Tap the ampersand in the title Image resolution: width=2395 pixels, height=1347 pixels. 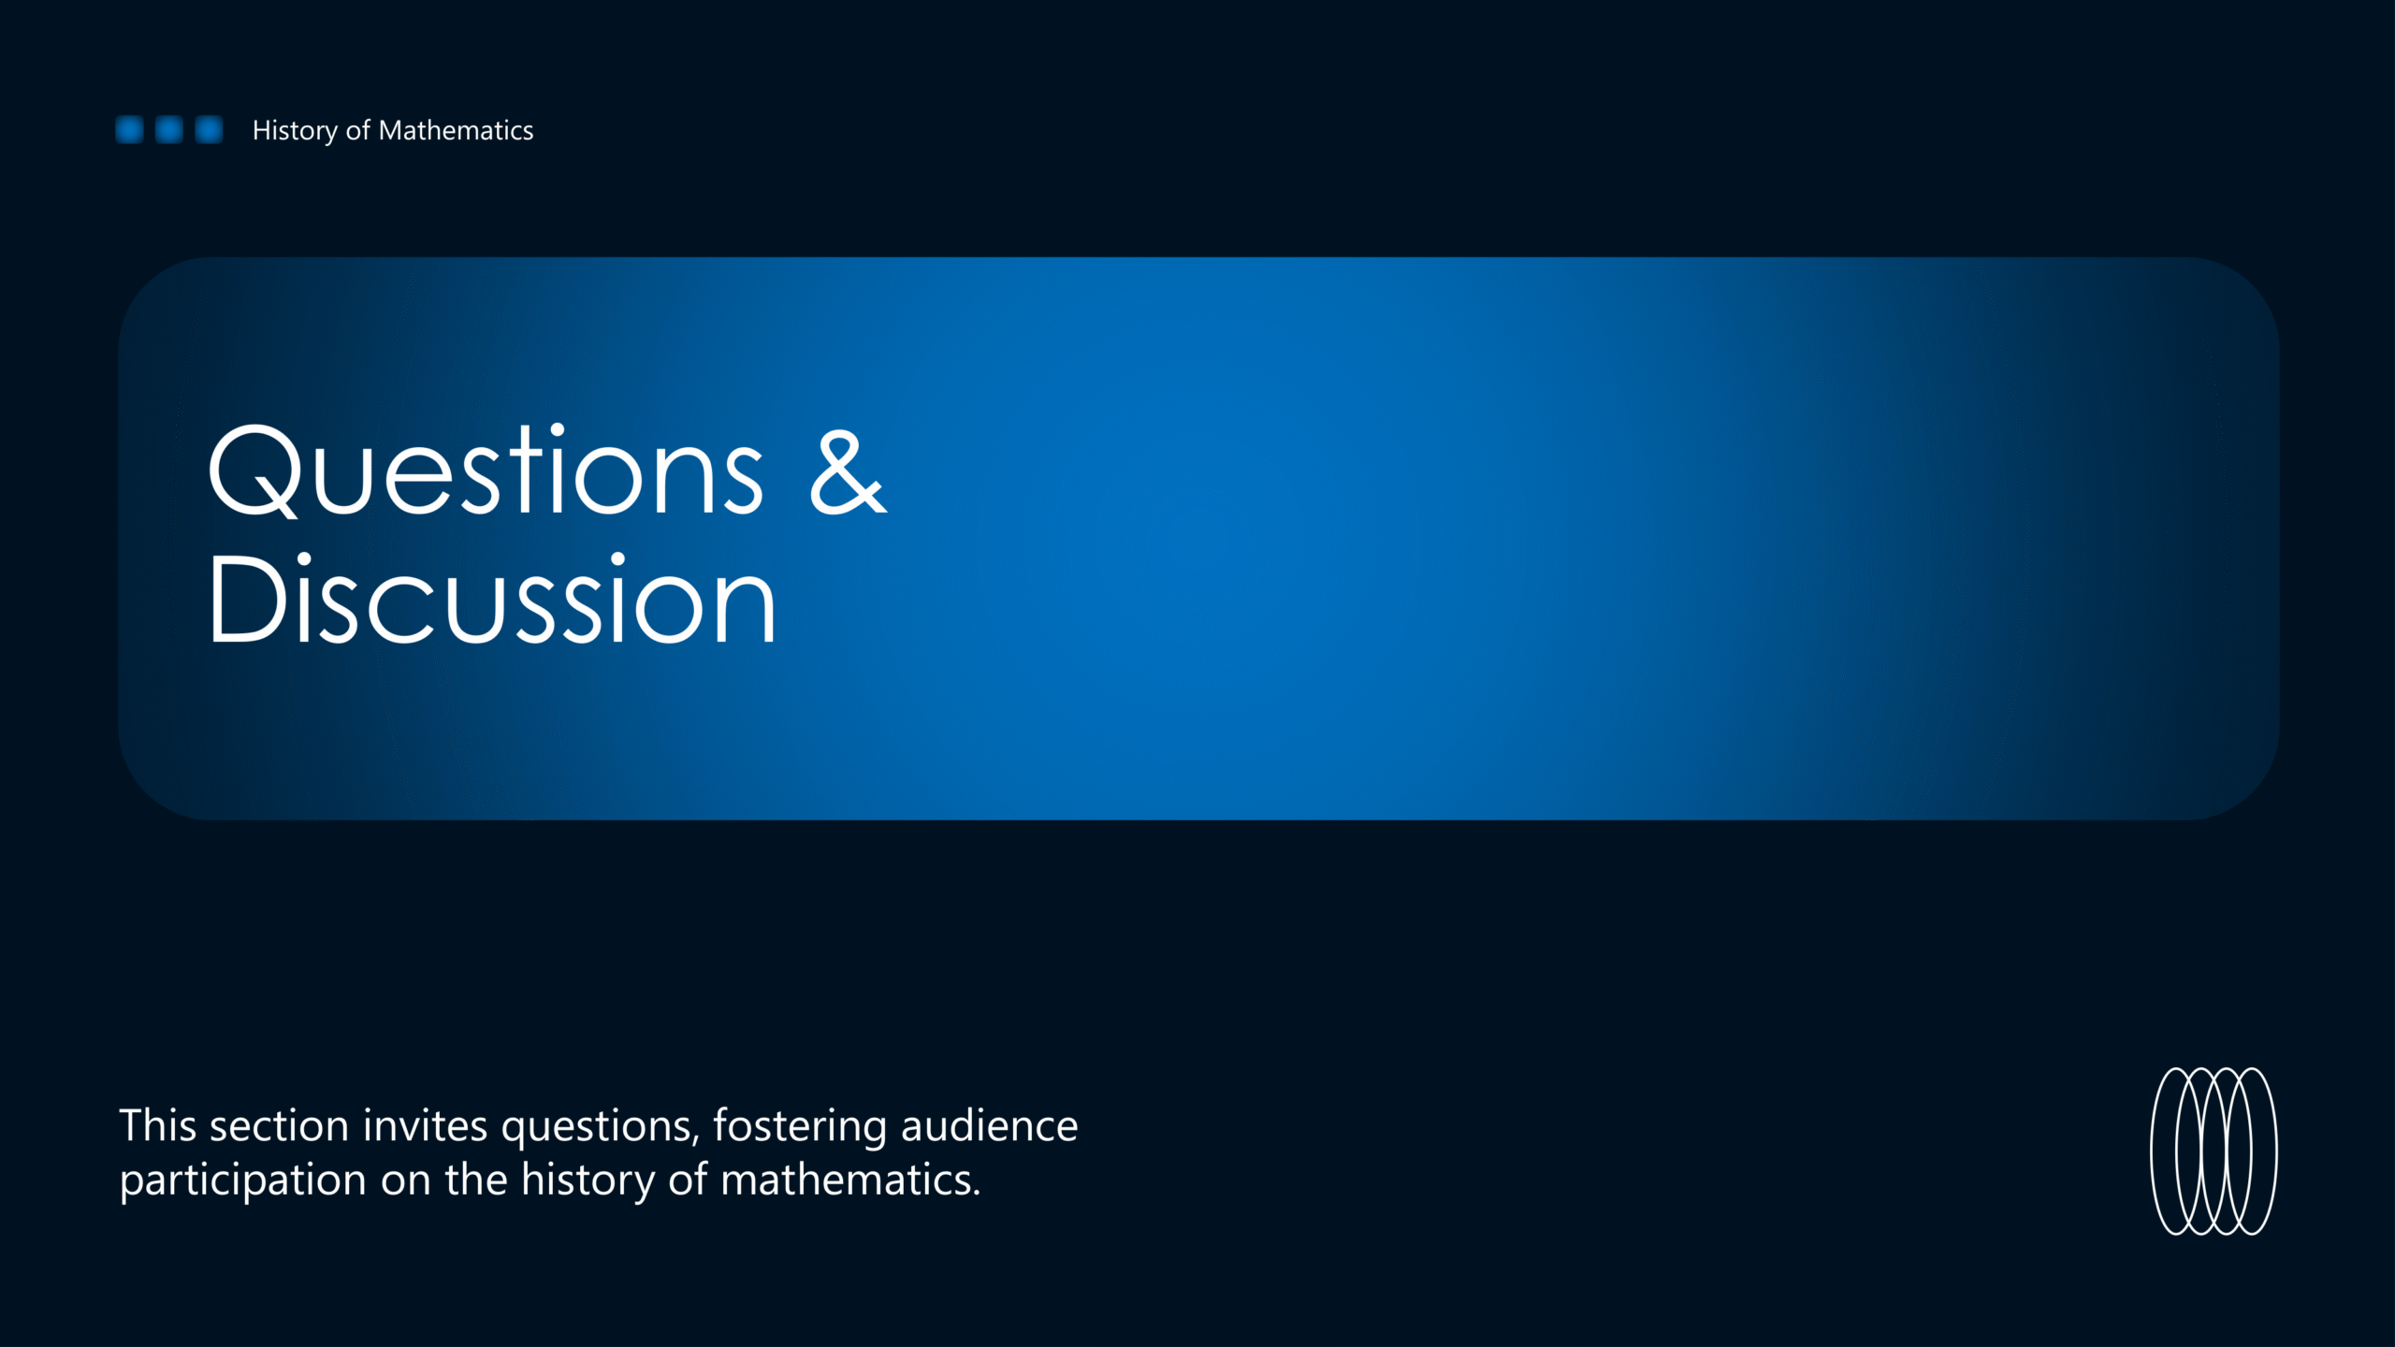click(x=848, y=472)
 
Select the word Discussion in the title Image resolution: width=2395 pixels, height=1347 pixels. click(x=491, y=599)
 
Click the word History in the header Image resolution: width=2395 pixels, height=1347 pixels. click(x=295, y=131)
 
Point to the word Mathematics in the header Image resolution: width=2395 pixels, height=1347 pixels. click(x=456, y=130)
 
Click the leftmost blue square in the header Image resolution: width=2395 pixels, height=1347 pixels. click(x=129, y=130)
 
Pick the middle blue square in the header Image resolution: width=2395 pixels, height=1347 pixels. click(x=168, y=130)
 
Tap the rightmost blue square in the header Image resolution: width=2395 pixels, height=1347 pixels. click(x=209, y=130)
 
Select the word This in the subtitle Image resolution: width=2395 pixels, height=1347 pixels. click(x=158, y=1125)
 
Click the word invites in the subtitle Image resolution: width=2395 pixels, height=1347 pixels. click(x=425, y=1125)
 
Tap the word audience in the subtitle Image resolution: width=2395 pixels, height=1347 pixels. click(x=989, y=1125)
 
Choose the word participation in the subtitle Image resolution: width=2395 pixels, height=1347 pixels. click(x=243, y=1181)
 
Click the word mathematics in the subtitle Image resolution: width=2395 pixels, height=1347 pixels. click(x=850, y=1180)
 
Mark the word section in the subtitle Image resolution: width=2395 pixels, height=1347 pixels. click(x=279, y=1125)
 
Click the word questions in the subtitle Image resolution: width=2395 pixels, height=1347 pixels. click(x=601, y=1129)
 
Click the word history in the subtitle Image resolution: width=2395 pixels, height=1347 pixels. click(x=588, y=1181)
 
